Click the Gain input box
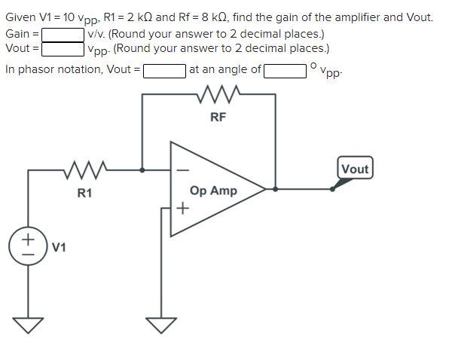click(x=63, y=34)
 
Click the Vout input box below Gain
click(x=63, y=49)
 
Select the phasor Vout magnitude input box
click(x=164, y=70)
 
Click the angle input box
click(x=285, y=70)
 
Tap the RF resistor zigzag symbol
click(x=218, y=95)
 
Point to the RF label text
click(x=218, y=117)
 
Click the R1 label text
click(x=84, y=193)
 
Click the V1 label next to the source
click(x=59, y=247)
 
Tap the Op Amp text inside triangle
click(x=213, y=191)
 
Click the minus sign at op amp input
click(x=181, y=169)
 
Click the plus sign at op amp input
click(x=182, y=209)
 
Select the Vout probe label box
click(x=354, y=169)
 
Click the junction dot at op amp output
click(x=276, y=188)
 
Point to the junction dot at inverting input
click(x=143, y=170)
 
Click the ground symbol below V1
click(x=29, y=324)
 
